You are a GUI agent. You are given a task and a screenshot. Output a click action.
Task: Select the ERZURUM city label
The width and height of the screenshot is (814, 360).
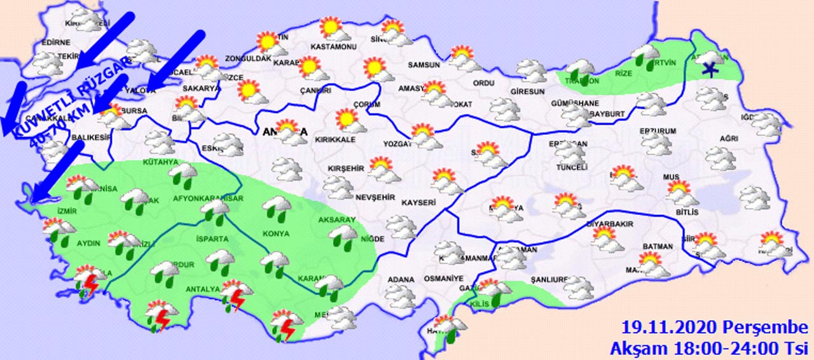coord(658,132)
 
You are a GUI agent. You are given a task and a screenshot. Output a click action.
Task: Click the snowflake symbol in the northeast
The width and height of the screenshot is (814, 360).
coord(709,68)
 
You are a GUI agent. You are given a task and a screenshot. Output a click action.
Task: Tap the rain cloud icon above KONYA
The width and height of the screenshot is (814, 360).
coord(277,207)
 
